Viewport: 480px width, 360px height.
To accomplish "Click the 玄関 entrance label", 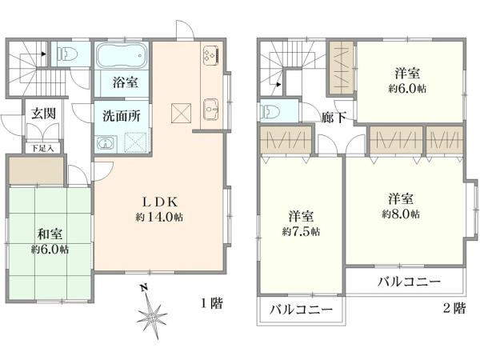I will tap(44, 114).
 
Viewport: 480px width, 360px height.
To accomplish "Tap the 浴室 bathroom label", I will tap(125, 82).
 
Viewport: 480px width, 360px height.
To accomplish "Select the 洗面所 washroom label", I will tap(122, 115).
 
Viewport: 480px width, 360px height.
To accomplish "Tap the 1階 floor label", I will tap(211, 304).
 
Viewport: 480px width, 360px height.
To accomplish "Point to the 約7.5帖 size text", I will tap(301, 231).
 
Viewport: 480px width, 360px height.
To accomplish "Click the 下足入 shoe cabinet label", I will tap(42, 147).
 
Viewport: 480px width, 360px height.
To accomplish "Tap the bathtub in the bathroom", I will tap(124, 58).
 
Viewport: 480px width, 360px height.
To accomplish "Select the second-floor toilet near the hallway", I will tap(270, 113).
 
